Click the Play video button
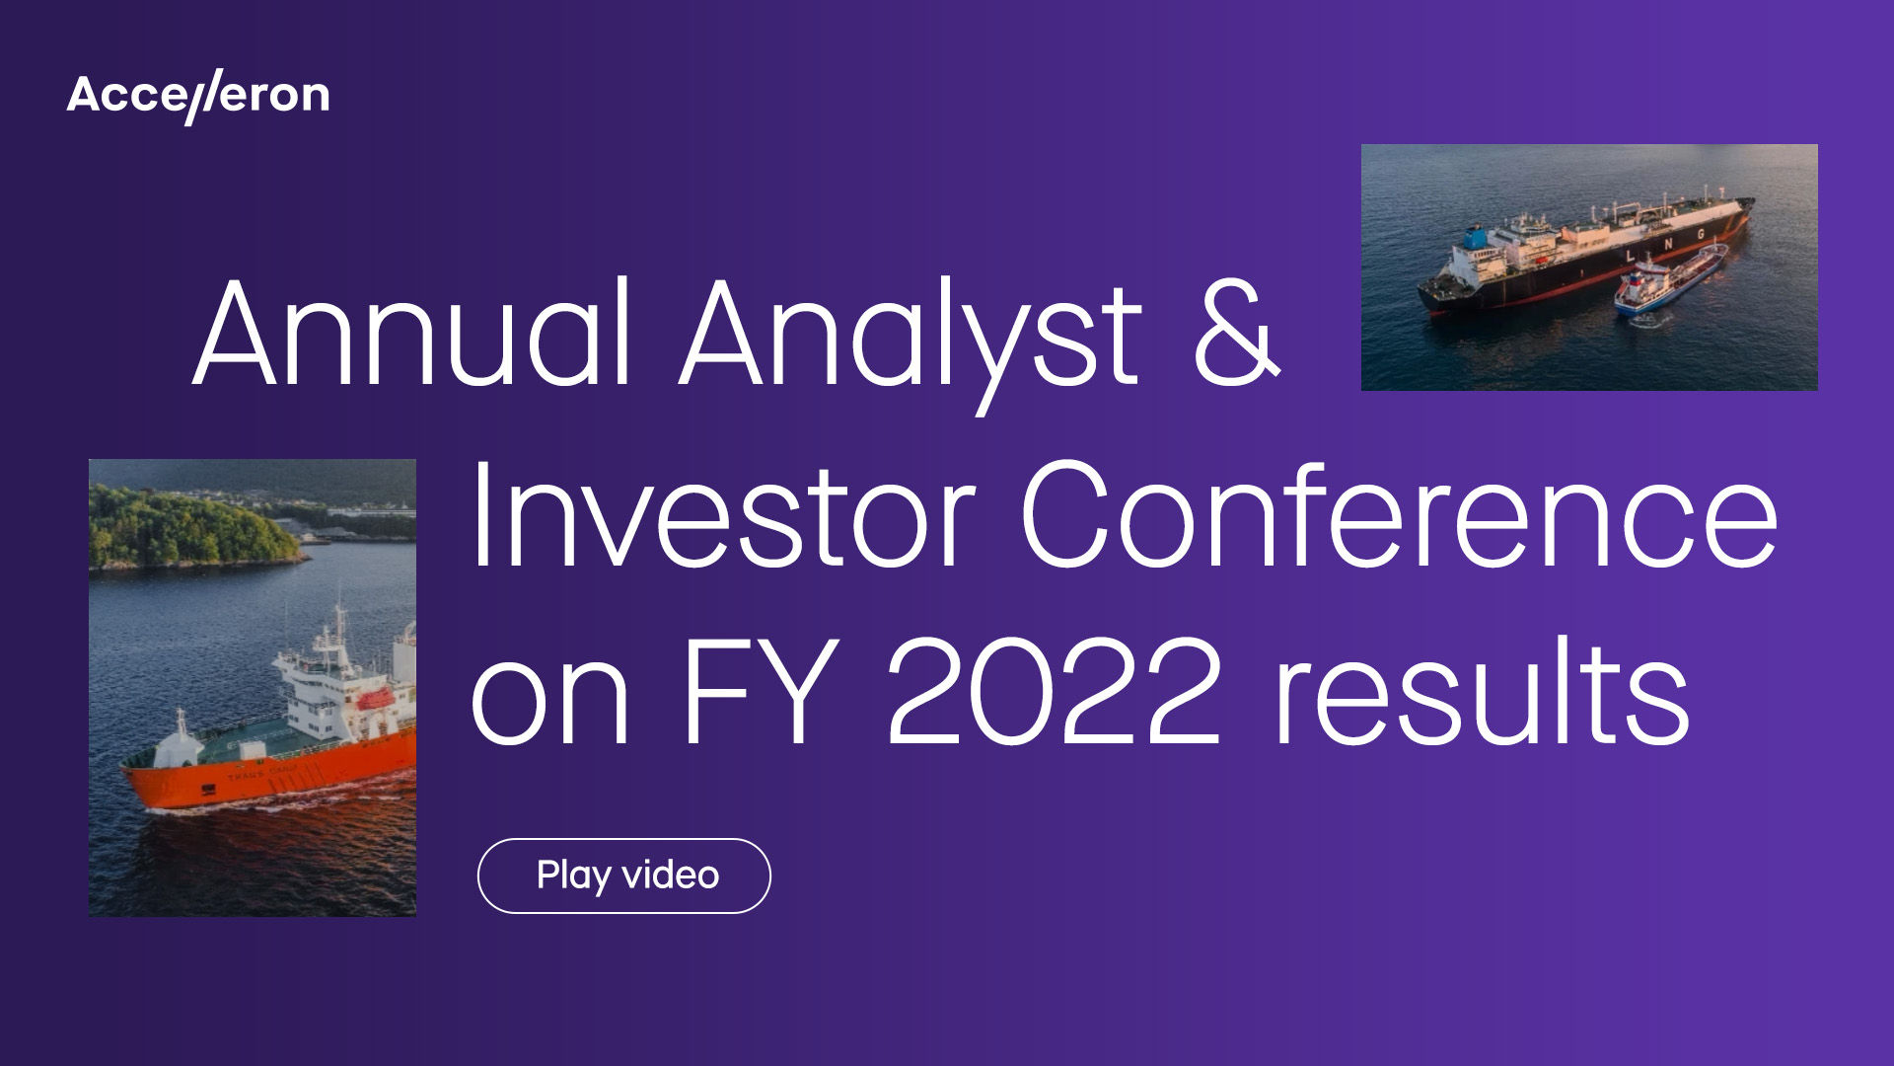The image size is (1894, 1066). tap(623, 876)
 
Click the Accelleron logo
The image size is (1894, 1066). tap(198, 97)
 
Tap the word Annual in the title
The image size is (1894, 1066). tap(411, 334)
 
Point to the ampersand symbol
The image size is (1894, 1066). tap(1237, 334)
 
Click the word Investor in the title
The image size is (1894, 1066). tap(724, 515)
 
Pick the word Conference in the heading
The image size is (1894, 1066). tap(1399, 515)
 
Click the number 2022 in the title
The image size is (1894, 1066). tap(1055, 691)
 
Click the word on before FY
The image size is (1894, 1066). tap(549, 701)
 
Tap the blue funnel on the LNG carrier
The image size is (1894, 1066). tap(1474, 237)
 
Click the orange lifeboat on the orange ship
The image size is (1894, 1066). tap(374, 700)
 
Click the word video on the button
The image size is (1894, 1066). tap(671, 876)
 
